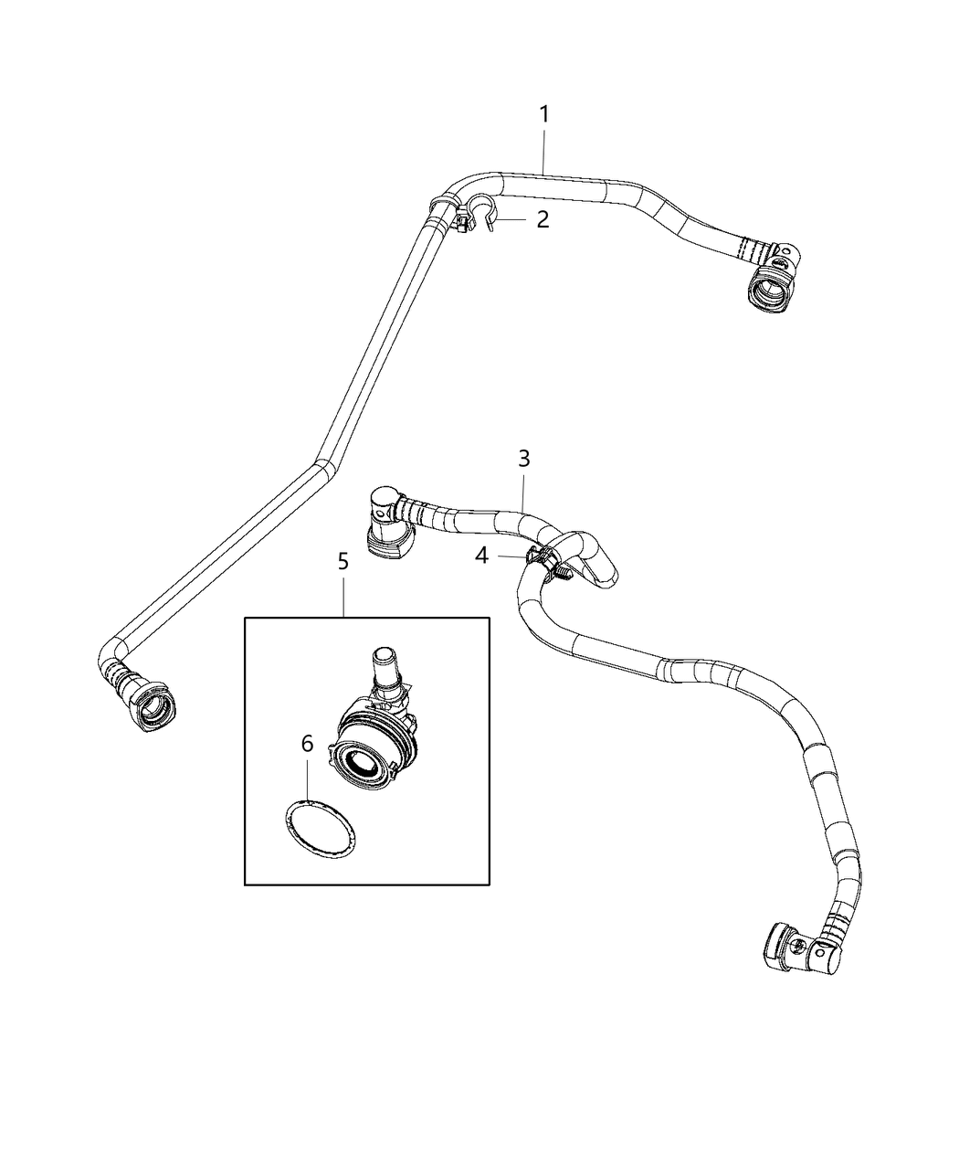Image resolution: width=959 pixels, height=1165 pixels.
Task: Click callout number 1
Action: coord(543,115)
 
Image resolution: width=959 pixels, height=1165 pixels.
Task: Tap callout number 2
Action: coord(543,219)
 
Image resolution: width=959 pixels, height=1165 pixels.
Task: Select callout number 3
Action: coord(524,459)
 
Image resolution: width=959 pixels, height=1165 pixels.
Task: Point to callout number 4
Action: coord(481,555)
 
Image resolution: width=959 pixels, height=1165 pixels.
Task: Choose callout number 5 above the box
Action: coord(343,561)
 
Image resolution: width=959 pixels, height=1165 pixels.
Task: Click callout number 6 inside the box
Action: coord(308,744)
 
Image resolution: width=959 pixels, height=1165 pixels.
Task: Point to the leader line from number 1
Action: coord(543,151)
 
